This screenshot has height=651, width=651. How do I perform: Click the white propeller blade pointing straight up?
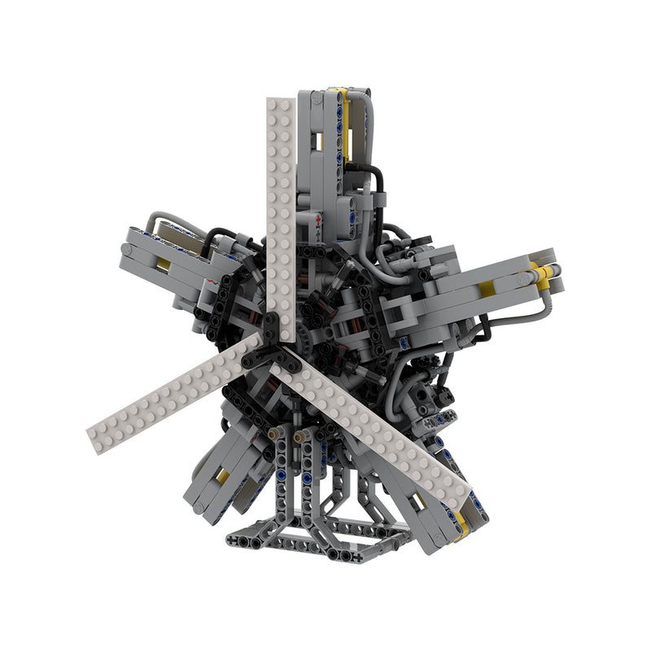279,203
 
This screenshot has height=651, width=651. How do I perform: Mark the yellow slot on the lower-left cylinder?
221,475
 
